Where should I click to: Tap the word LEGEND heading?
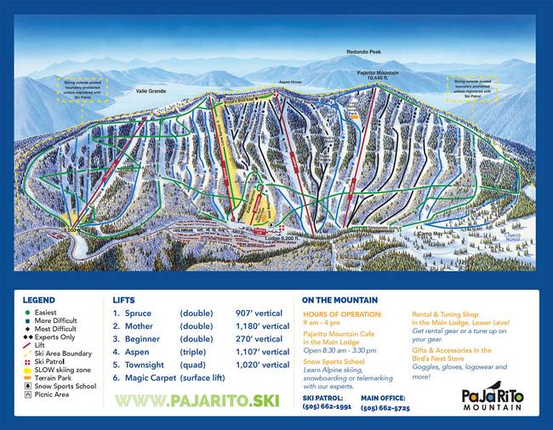point(39,300)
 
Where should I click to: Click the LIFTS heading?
point(123,300)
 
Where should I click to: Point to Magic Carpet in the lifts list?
point(150,376)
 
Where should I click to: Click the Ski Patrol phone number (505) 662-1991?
point(326,407)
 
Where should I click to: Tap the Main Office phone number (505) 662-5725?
point(385,407)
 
